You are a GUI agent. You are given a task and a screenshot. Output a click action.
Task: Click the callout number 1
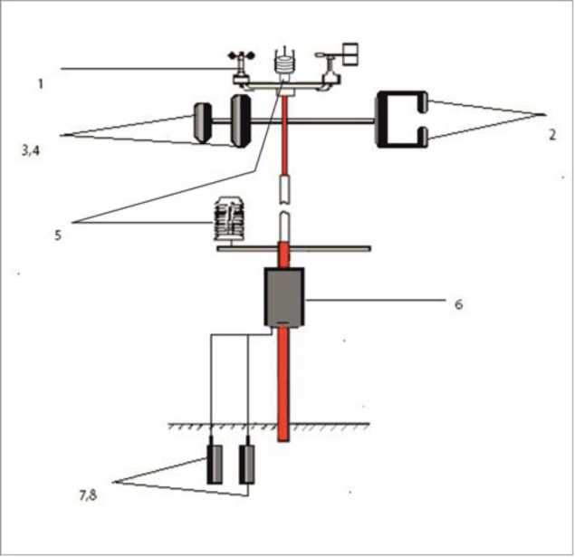(x=41, y=84)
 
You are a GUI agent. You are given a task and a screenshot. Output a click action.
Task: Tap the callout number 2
(x=551, y=135)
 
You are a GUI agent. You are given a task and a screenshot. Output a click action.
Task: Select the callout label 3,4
(x=30, y=150)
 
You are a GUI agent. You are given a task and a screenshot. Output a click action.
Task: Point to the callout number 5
(x=58, y=235)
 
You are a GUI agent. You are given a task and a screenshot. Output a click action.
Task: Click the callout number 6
(x=458, y=304)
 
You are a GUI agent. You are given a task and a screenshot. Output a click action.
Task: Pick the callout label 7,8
(x=88, y=495)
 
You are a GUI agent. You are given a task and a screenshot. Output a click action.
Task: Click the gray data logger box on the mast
(x=284, y=297)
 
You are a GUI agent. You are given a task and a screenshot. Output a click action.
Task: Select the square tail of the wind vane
(x=350, y=54)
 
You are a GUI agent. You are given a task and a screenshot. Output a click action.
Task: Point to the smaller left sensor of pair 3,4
(x=202, y=122)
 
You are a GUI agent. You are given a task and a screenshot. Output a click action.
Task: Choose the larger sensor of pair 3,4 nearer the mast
(x=240, y=121)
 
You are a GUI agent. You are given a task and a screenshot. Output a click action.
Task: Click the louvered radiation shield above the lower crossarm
(x=229, y=219)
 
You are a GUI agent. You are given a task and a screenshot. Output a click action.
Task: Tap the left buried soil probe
(x=215, y=460)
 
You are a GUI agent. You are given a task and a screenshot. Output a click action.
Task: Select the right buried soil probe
(x=247, y=460)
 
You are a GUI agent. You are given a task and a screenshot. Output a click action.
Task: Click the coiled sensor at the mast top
(x=284, y=62)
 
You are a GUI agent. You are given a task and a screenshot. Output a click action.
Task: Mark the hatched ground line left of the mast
(x=223, y=426)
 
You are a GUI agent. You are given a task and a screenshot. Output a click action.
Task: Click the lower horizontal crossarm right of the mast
(x=330, y=249)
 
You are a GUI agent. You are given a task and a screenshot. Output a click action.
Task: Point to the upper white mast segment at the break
(x=284, y=189)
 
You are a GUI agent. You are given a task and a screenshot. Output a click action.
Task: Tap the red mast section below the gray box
(x=283, y=384)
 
